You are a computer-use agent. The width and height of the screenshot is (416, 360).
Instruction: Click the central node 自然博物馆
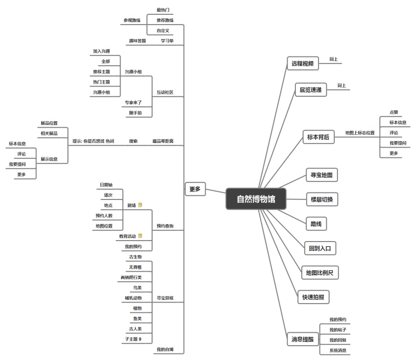(256, 199)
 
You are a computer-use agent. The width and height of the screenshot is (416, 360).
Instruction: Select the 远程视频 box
(302, 64)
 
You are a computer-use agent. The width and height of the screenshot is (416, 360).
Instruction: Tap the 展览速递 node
(311, 89)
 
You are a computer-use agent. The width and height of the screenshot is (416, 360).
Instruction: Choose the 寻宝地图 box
(322, 175)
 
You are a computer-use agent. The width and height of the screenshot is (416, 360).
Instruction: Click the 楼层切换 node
(322, 200)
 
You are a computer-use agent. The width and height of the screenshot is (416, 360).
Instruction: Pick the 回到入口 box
(320, 248)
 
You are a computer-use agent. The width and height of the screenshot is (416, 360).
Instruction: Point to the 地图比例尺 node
(319, 273)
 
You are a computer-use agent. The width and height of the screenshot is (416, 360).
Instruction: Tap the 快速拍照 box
(313, 298)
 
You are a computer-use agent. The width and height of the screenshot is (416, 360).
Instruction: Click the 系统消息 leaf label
(337, 350)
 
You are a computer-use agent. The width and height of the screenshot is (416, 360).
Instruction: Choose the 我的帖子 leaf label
(337, 330)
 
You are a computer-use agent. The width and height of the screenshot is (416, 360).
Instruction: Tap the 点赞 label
(393, 112)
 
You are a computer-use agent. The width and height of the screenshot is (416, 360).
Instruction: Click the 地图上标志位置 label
(360, 133)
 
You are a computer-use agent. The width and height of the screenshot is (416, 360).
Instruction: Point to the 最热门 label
(163, 10)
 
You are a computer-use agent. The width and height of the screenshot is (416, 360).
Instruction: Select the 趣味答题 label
(137, 41)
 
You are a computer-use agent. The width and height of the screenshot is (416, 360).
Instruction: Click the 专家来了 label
(133, 102)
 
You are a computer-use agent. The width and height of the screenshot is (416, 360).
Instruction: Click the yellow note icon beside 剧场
(141, 205)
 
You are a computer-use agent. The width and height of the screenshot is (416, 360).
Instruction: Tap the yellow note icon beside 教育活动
(140, 236)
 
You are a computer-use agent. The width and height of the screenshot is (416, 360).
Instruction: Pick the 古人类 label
(135, 329)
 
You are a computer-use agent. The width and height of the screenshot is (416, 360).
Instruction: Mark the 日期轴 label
(106, 185)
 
